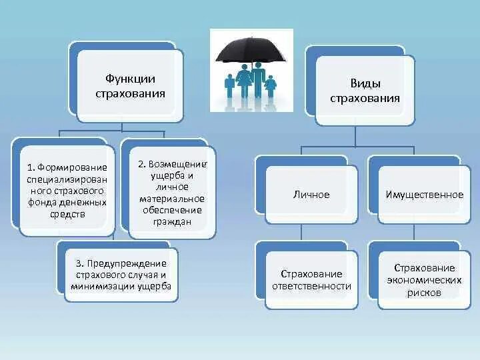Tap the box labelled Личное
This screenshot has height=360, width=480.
pos(311,195)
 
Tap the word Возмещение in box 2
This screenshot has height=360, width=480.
pos(179,163)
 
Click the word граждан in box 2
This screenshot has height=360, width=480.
pos(171,223)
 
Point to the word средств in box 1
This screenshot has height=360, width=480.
pos(67,215)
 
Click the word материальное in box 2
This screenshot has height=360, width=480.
pos(172,199)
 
